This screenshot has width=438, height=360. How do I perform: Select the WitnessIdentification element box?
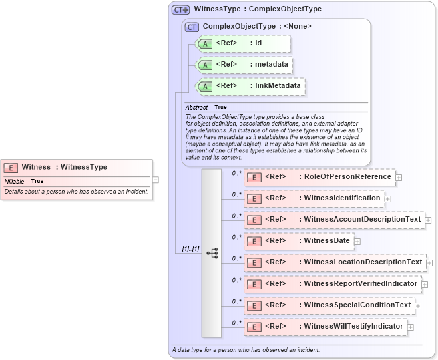tap(314, 198)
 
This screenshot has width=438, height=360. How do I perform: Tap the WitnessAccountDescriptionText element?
tap(334, 220)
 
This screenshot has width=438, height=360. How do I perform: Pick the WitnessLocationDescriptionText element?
tap(335, 262)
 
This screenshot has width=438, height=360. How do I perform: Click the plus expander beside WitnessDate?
tap(357, 242)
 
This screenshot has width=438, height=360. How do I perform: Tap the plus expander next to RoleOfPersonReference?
tap(399, 178)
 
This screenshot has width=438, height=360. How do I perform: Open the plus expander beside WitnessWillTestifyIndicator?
tap(411, 327)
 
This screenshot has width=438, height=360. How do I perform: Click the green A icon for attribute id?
tap(206, 44)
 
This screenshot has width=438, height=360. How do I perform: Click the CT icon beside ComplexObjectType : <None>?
tap(192, 27)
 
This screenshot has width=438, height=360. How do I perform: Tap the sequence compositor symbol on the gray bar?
tap(212, 253)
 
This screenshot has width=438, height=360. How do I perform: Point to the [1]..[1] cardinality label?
tap(190, 249)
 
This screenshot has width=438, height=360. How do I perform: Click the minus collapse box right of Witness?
tap(155, 179)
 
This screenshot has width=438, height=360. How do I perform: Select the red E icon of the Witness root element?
tap(11, 168)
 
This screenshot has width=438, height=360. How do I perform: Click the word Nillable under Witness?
tap(14, 181)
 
